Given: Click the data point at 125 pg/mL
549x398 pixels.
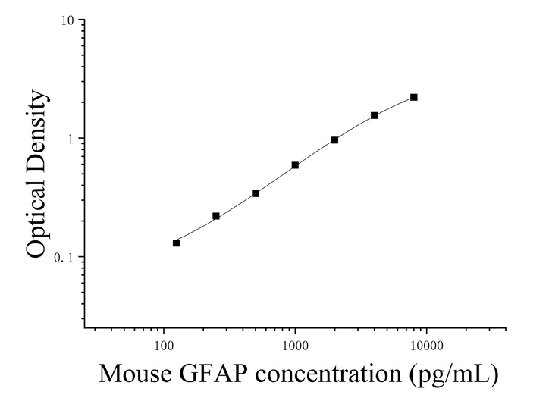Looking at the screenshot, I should click(x=177, y=243).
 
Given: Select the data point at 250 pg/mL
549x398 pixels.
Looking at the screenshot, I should click(x=216, y=216).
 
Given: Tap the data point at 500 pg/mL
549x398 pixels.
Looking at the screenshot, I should click(x=256, y=193).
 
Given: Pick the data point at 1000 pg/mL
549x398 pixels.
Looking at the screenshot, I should click(x=295, y=165).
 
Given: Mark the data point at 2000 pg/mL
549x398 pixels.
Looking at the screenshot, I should click(x=334, y=140).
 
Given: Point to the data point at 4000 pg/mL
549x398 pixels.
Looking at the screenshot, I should click(x=374, y=115).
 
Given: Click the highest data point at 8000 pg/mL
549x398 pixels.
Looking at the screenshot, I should click(x=414, y=97).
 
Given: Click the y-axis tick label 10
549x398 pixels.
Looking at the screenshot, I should click(x=67, y=20).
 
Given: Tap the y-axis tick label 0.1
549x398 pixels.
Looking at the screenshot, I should click(x=65, y=258).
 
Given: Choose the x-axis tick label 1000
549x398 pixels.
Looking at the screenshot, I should click(x=295, y=346).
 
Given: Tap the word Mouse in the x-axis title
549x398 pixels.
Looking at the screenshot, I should click(x=134, y=374).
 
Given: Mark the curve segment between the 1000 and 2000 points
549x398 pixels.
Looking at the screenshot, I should click(x=315, y=152).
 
